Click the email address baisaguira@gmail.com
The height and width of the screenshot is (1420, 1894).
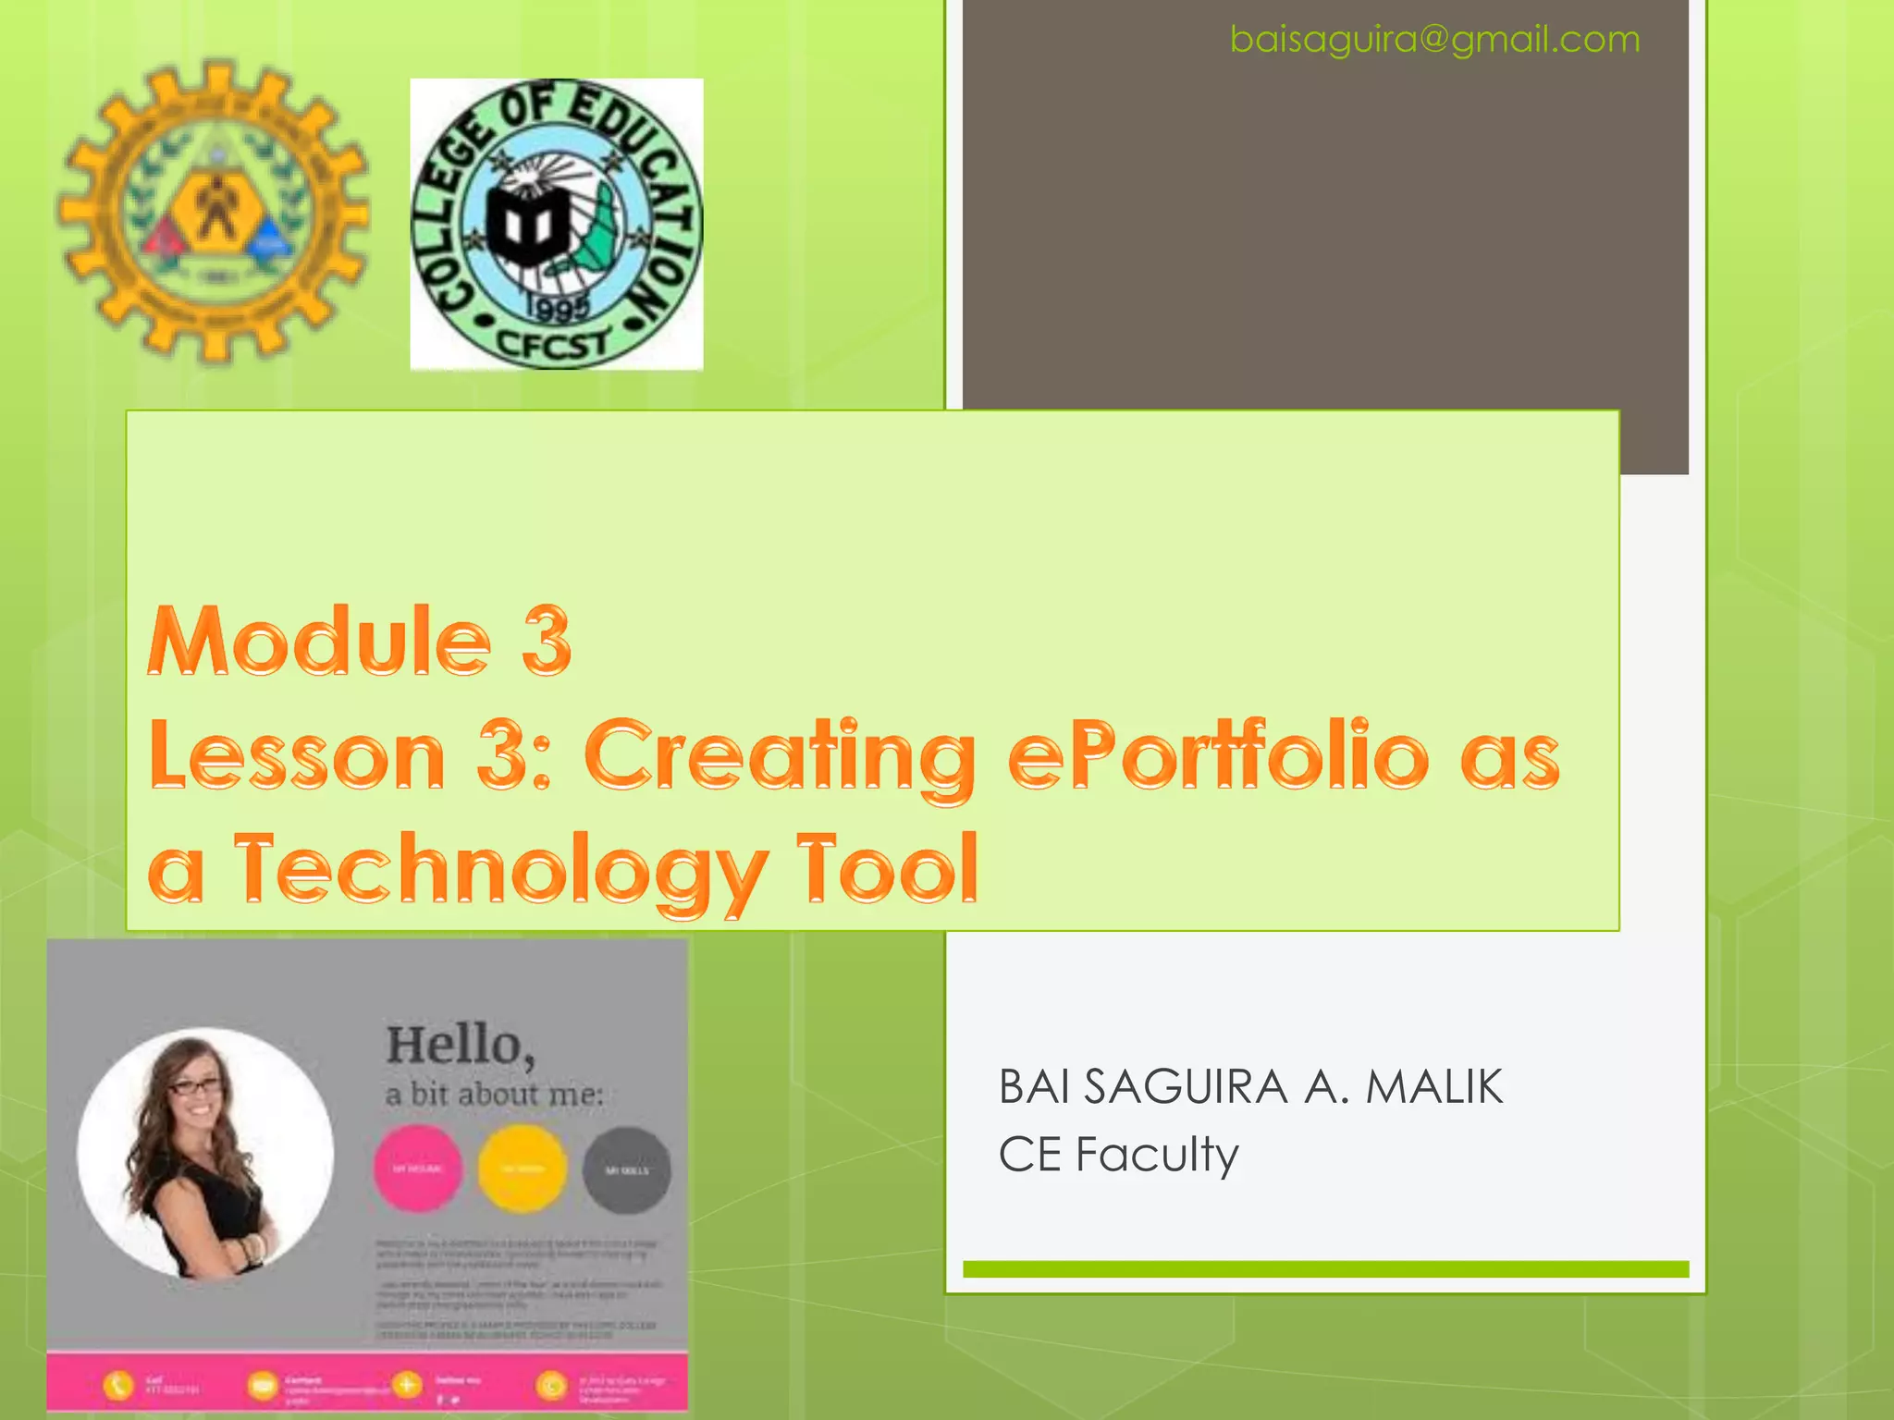tap(1434, 40)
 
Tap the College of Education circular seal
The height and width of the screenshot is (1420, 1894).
tap(556, 225)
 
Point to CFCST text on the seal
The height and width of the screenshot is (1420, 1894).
tap(553, 344)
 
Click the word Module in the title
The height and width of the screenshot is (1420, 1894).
tap(319, 641)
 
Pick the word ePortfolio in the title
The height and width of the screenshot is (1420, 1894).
tap(1219, 756)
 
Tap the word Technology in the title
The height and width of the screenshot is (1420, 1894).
tap(499, 869)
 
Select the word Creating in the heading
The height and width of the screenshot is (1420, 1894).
tap(780, 756)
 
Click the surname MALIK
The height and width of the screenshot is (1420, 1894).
tap(1434, 1086)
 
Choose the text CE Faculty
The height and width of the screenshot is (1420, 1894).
tap(1118, 1155)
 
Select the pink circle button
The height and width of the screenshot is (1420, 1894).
tap(418, 1169)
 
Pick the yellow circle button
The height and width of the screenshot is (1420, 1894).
tap(523, 1169)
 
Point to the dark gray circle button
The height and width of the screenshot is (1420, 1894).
tap(627, 1169)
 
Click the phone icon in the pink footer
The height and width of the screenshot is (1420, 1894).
tap(117, 1385)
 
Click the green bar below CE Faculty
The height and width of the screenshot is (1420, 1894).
tap(1325, 1269)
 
